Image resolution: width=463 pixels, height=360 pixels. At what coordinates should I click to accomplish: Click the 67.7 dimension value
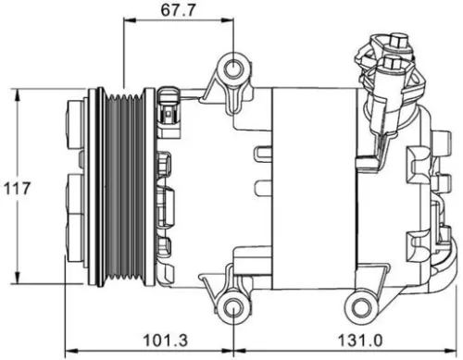pyautogui.click(x=178, y=11)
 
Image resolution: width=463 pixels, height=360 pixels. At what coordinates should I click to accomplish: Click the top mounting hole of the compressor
pyautogui.click(x=233, y=67)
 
